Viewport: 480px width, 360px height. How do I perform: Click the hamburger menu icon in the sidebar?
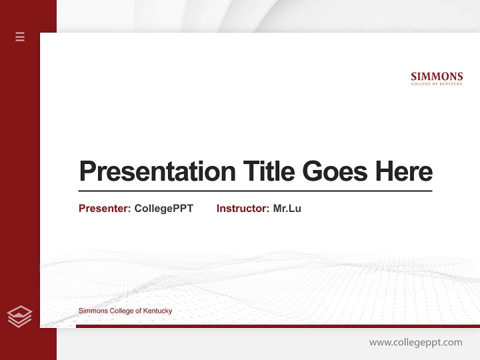[20, 36]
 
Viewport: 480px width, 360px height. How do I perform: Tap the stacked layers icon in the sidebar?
[19, 316]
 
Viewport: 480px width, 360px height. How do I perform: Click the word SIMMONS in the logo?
[436, 76]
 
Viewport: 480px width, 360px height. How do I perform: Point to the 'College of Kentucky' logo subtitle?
[436, 84]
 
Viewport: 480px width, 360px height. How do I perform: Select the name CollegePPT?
[163, 208]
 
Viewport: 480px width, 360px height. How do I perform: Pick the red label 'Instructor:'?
[243, 208]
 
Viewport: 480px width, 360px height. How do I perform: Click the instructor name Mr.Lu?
[287, 208]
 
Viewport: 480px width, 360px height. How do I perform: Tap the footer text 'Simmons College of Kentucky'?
[125, 311]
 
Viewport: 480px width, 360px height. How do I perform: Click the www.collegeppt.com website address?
[415, 342]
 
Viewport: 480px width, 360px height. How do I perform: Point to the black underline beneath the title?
[255, 191]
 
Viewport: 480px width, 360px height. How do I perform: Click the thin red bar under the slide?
[277, 326]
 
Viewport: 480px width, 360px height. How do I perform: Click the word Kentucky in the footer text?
[157, 311]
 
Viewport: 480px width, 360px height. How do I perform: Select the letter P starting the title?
[87, 171]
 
